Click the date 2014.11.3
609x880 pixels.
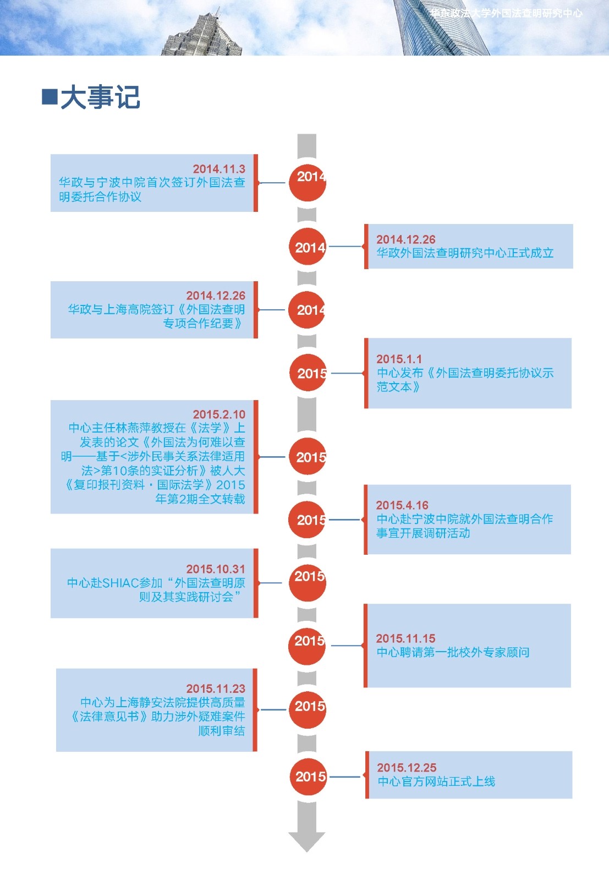click(219, 169)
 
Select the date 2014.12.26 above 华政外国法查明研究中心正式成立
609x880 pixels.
click(405, 239)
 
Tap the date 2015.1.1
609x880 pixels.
click(399, 359)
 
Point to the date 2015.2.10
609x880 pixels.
click(219, 414)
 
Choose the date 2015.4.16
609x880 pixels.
click(402, 505)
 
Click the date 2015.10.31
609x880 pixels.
click(216, 569)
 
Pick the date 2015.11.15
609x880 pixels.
click(405, 638)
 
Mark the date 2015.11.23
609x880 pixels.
click(216, 688)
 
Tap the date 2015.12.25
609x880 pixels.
click(407, 768)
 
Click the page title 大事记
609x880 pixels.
click(100, 97)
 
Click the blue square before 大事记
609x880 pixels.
click(50, 96)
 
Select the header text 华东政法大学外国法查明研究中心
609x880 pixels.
click(506, 13)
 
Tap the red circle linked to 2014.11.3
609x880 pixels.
click(308, 183)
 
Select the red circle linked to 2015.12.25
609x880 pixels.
click(308, 777)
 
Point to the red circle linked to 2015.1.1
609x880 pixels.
click(309, 373)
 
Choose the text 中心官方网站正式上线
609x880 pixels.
click(436, 781)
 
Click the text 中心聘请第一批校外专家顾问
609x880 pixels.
click(453, 652)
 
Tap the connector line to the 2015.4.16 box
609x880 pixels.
click(344, 520)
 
